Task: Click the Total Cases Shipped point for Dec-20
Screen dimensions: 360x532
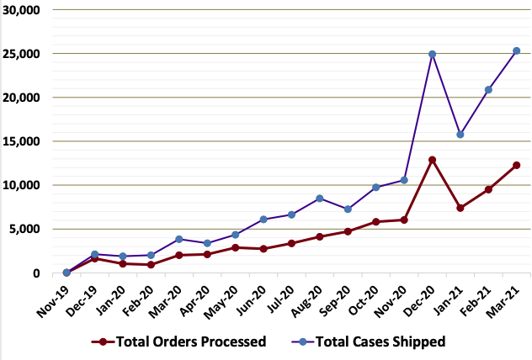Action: [433, 54]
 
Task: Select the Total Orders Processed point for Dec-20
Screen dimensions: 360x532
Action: [433, 160]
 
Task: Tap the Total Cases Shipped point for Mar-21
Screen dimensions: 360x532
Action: [517, 50]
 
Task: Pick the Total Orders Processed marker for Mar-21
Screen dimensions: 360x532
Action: [517, 165]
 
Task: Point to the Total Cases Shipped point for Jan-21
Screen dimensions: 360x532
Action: [460, 135]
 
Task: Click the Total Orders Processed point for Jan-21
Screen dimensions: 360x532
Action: [460, 208]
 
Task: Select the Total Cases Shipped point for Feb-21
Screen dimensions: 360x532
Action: [489, 90]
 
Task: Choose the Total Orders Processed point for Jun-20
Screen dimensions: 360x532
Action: [263, 249]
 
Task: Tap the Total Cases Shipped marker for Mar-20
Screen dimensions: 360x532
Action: [178, 239]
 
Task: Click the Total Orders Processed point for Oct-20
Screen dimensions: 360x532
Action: [376, 222]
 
